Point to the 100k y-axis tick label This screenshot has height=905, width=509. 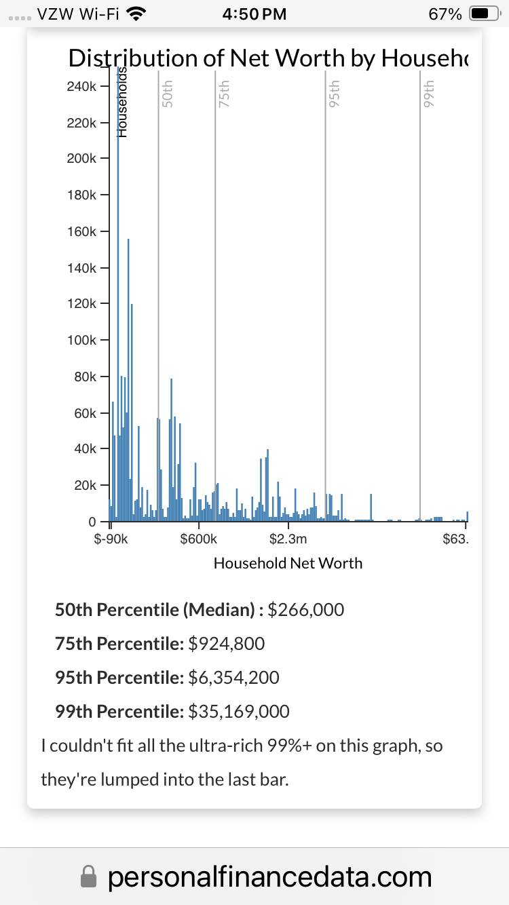pyautogui.click(x=82, y=340)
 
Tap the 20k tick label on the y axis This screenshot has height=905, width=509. pyautogui.click(x=85, y=486)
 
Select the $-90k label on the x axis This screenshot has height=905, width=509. pyautogui.click(x=111, y=539)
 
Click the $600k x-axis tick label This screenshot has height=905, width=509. pyautogui.click(x=199, y=539)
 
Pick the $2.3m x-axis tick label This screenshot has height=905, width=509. pyautogui.click(x=288, y=539)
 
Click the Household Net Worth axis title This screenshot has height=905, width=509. pyautogui.click(x=288, y=563)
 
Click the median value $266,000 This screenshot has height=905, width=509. pyautogui.click(x=306, y=610)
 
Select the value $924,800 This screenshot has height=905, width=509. pyautogui.click(x=227, y=643)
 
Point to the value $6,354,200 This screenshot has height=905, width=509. pyautogui.click(x=233, y=677)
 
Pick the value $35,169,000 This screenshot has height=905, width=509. pyautogui.click(x=239, y=711)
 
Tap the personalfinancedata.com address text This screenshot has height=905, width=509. pyautogui.click(x=269, y=877)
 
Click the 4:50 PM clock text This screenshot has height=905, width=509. pyautogui.click(x=254, y=14)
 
